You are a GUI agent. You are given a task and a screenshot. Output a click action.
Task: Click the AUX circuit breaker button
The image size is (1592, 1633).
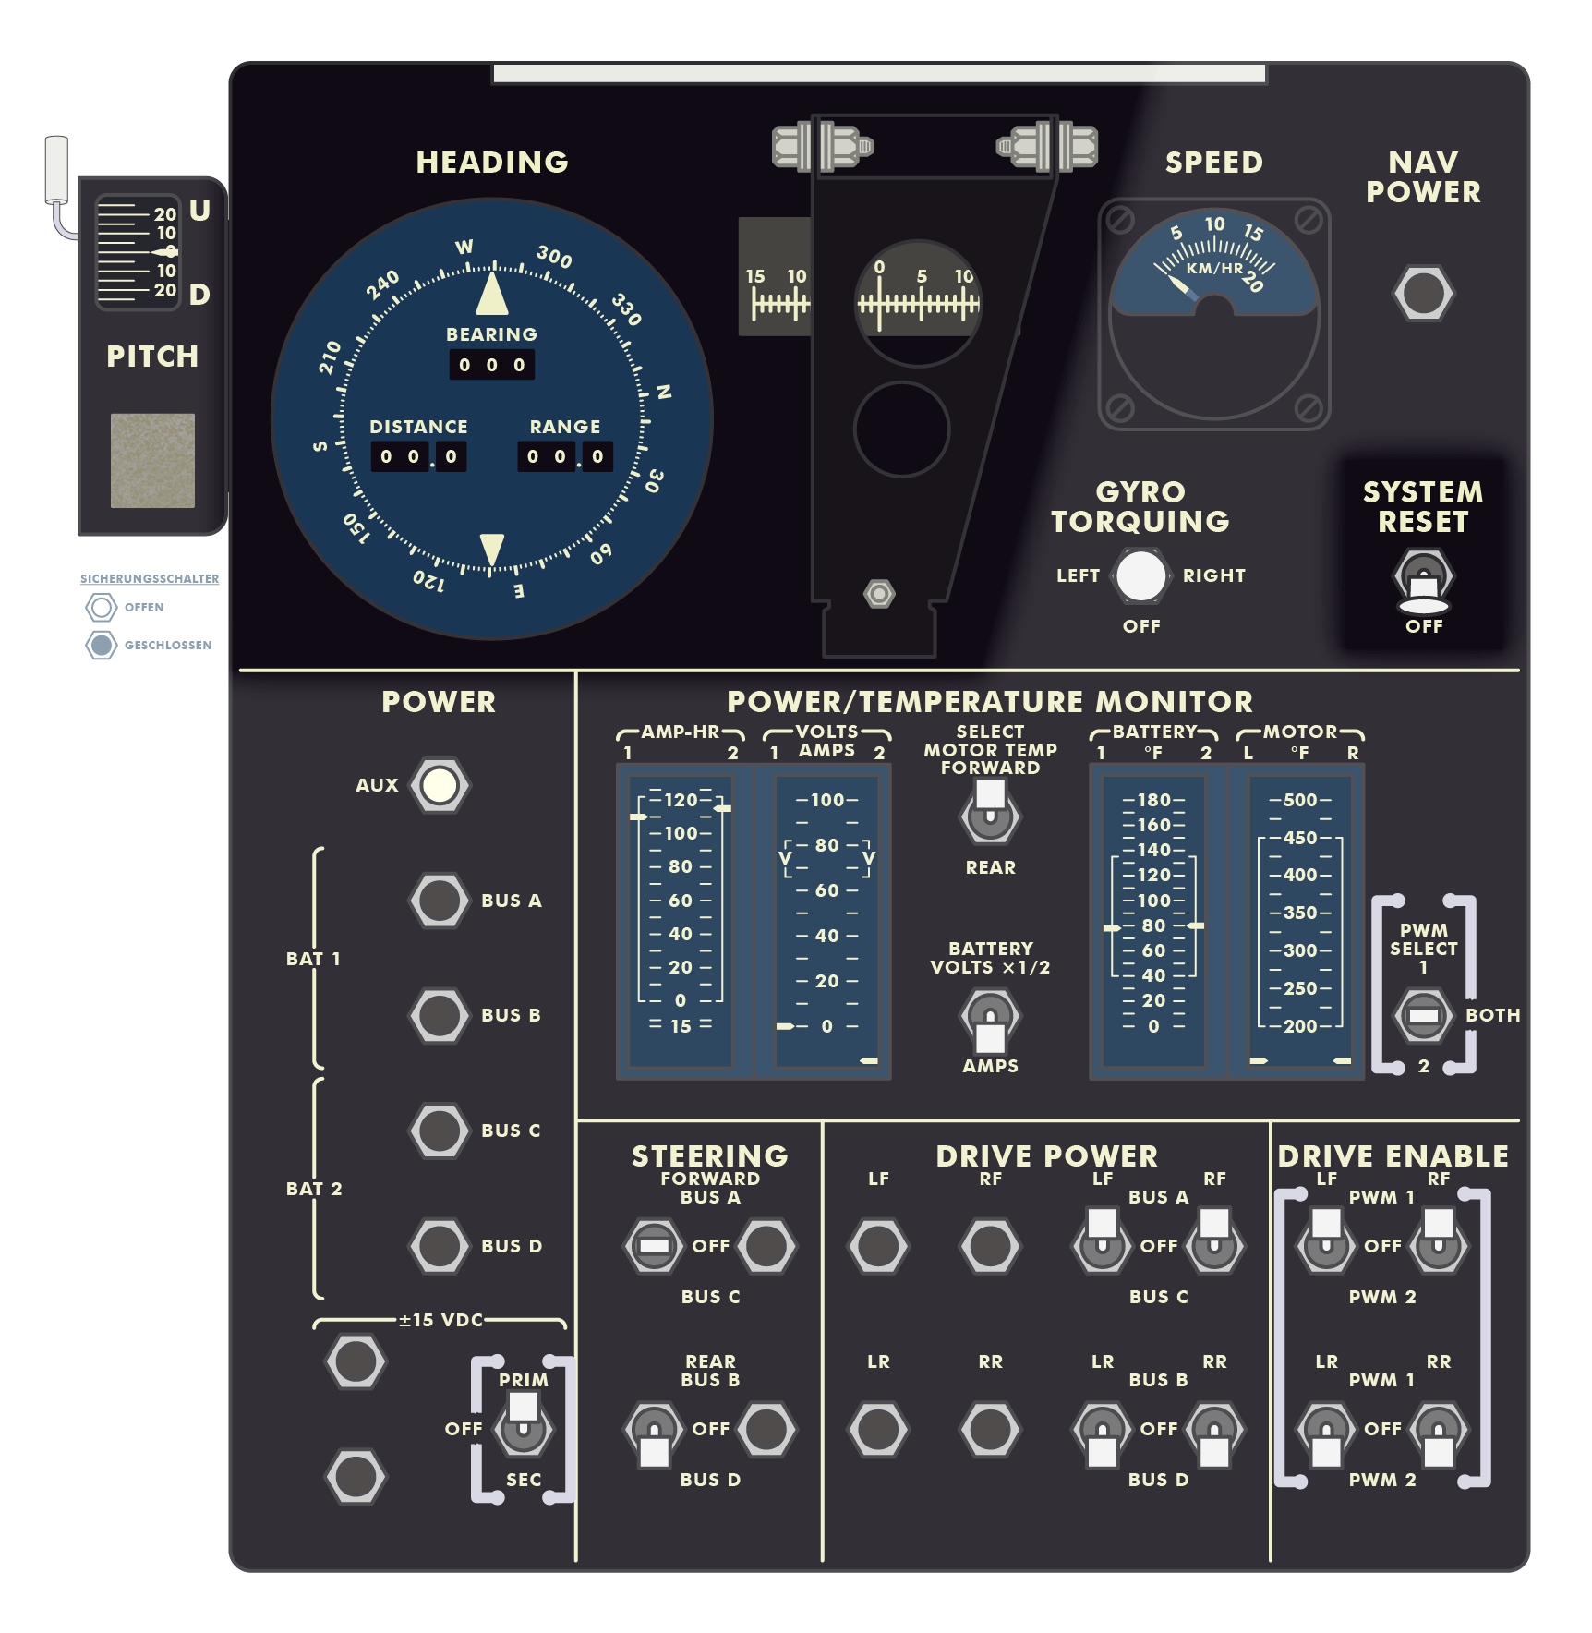tap(440, 785)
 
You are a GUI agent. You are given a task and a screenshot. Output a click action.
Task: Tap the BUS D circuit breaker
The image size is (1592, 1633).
tap(440, 1245)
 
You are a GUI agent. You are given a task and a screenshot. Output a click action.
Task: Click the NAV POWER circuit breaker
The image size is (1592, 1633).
tap(1423, 294)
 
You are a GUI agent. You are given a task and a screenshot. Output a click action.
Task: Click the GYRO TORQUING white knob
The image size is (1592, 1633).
tap(1141, 575)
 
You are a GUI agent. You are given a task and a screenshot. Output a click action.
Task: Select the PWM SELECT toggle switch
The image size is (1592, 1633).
tap(1423, 1015)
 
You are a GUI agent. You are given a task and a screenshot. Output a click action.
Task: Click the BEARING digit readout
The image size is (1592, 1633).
tap(491, 365)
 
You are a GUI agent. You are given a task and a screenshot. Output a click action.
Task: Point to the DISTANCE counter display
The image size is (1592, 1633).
tap(418, 456)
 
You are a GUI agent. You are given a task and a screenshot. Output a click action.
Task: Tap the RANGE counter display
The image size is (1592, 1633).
tap(565, 456)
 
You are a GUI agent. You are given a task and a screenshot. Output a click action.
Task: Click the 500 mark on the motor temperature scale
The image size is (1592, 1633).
tap(1300, 800)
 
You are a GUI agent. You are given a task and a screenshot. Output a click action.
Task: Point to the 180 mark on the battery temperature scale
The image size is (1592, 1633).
tap(1153, 800)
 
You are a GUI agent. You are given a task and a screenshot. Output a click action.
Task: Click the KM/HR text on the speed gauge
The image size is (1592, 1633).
tap(1214, 269)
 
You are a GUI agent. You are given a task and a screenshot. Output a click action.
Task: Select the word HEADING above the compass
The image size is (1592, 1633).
tap(492, 163)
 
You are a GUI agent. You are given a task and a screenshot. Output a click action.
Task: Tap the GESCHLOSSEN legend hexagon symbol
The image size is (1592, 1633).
tap(102, 645)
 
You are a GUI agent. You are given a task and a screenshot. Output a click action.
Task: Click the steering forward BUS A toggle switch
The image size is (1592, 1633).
tap(654, 1246)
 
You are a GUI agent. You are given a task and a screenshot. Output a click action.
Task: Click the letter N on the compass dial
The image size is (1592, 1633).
tap(663, 392)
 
